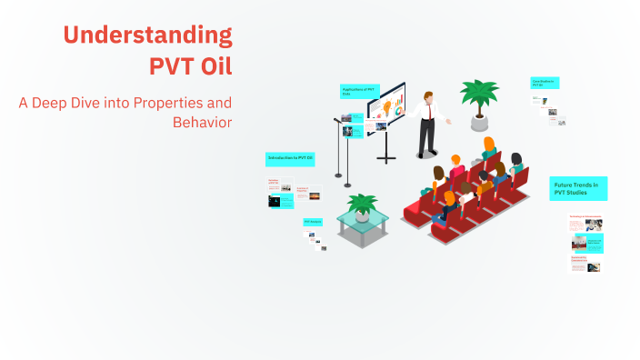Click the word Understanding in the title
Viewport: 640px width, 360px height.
click(x=147, y=35)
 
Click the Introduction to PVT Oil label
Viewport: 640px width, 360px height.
click(x=290, y=158)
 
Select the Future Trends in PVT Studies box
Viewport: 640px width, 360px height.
click(x=578, y=189)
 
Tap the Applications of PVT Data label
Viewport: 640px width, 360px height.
click(x=358, y=91)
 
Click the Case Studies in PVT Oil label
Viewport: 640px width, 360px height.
click(x=545, y=83)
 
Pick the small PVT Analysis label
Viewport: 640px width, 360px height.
click(x=313, y=221)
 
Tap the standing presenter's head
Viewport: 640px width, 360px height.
click(x=425, y=95)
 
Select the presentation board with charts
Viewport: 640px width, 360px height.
click(x=386, y=106)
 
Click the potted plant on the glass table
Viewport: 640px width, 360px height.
click(x=363, y=205)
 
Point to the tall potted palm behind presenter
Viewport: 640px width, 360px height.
click(x=478, y=95)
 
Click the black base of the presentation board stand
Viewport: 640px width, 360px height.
click(x=387, y=159)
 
